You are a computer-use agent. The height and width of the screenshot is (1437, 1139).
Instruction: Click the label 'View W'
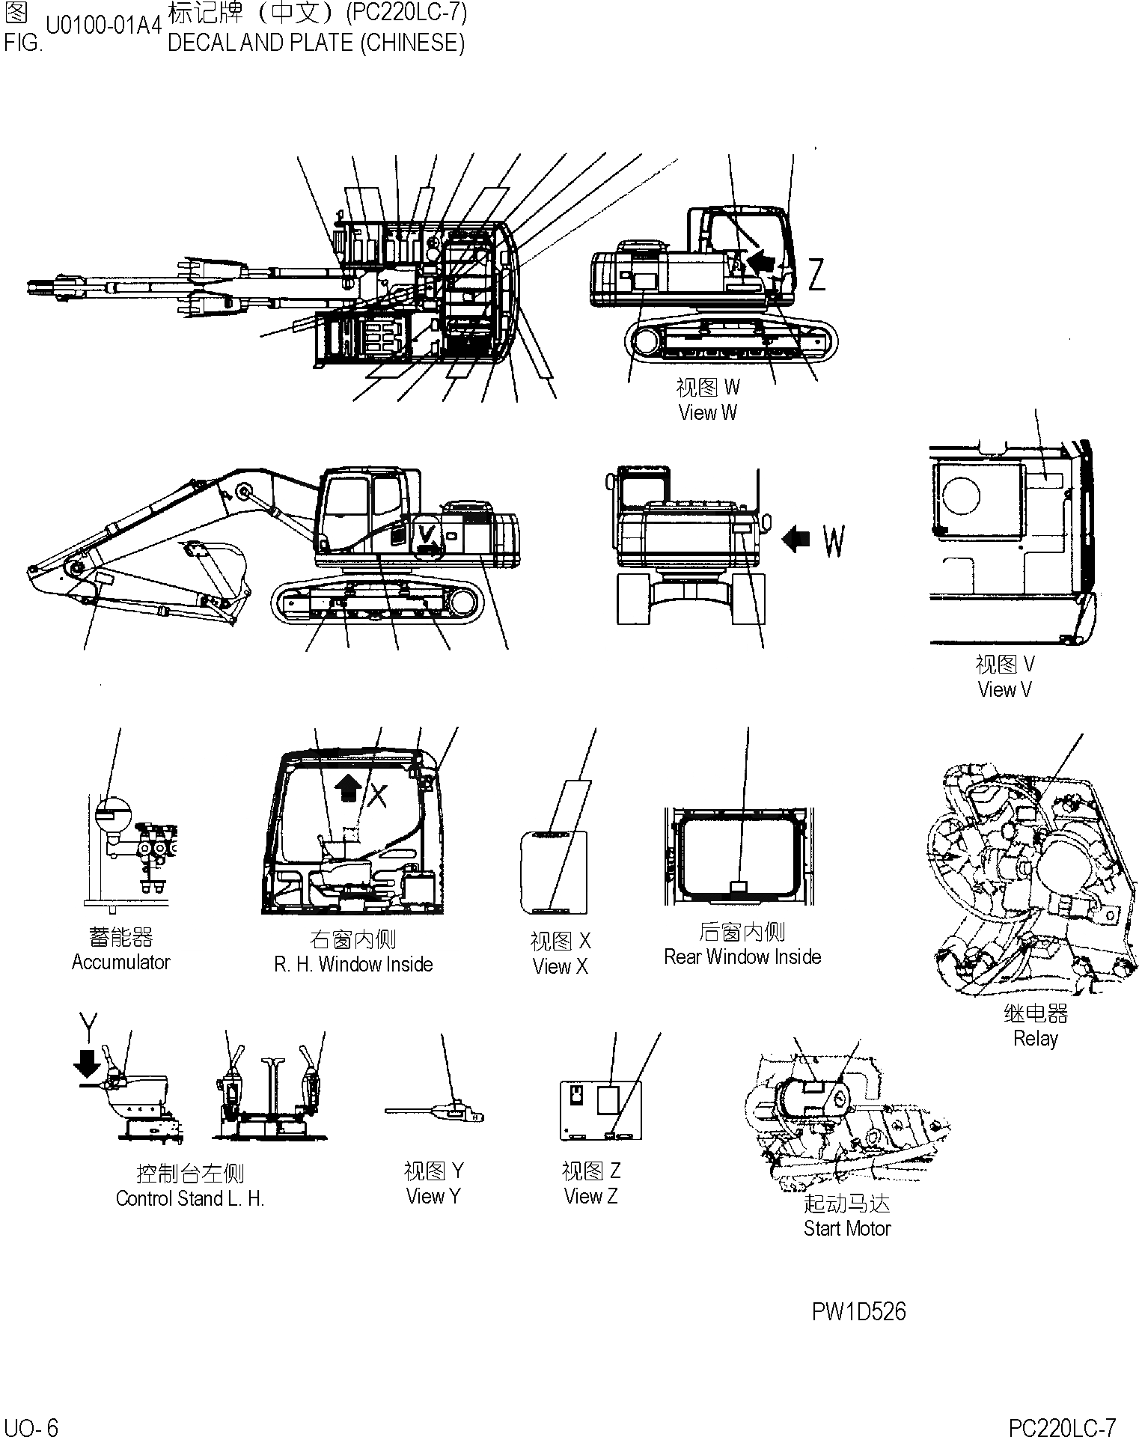707,412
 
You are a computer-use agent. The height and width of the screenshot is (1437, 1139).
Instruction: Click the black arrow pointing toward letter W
796,538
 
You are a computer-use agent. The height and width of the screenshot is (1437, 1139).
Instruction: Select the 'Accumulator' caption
120,962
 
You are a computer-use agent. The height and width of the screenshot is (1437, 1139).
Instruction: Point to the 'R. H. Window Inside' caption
353,964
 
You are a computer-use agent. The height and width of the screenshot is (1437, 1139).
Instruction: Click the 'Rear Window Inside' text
742,957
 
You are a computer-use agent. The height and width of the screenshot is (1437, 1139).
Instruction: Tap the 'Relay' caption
1035,1038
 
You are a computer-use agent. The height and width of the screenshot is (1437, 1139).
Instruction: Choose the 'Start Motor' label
847,1228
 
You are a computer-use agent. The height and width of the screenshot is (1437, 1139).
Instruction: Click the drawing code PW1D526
858,1311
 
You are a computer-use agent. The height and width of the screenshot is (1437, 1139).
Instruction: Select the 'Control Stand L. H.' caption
190,1198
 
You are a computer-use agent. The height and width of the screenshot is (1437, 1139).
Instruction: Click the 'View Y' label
433,1196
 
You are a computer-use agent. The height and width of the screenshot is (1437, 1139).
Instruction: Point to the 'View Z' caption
590,1196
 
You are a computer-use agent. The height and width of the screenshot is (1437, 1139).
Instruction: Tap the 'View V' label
1004,689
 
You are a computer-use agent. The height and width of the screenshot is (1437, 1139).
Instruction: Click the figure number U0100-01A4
103,25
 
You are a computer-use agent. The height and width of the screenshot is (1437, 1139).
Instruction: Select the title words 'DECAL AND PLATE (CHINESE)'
316,43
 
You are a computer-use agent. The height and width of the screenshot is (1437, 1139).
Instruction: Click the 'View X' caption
561,966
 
